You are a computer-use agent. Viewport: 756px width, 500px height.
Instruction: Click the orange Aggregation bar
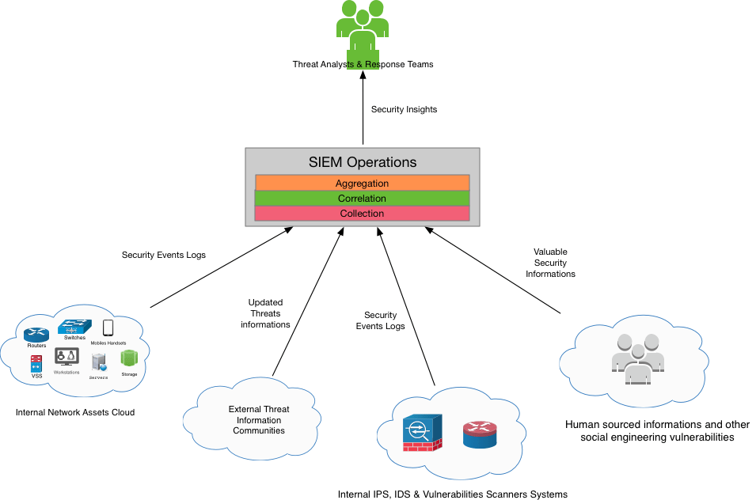pos(362,183)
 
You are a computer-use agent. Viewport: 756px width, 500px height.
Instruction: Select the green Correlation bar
pos(362,198)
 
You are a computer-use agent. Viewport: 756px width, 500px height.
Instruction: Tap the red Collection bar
pos(362,214)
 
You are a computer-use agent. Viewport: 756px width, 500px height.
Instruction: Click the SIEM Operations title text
pos(362,162)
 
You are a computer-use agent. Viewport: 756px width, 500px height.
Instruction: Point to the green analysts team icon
pos(363,28)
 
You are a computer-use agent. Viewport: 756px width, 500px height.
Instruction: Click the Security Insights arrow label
pos(404,109)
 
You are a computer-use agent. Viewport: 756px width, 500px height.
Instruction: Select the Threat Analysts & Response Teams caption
pos(363,64)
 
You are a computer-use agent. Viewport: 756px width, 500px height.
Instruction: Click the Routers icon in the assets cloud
pos(36,335)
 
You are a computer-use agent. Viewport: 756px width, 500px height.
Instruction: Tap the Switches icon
pos(74,326)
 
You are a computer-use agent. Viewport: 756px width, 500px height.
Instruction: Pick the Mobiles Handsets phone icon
pos(108,328)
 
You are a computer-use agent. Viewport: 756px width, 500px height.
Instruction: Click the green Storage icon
pos(129,358)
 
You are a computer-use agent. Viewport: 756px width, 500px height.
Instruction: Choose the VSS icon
pos(36,364)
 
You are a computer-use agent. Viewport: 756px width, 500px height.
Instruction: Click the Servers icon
pos(99,362)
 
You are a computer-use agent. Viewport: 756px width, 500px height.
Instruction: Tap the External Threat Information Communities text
pos(259,420)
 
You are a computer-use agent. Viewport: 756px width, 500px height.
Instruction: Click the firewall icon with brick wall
pos(422,434)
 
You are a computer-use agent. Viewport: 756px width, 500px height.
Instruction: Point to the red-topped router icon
pos(480,434)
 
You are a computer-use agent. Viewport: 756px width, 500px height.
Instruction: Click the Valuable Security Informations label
pos(550,263)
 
